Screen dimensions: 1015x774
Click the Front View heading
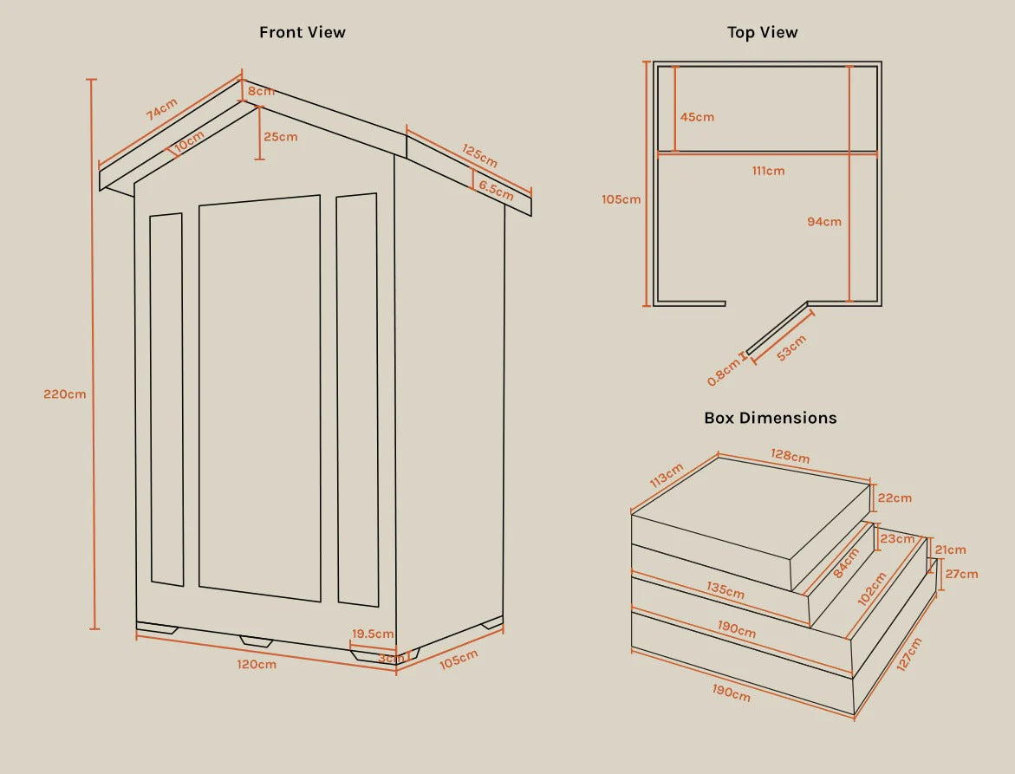coord(303,32)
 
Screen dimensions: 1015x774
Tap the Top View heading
coord(762,32)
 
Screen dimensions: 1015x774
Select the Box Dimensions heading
coord(771,418)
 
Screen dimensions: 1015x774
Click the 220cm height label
coord(65,394)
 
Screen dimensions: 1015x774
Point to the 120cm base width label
coord(257,665)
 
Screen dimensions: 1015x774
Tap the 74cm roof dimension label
coord(161,109)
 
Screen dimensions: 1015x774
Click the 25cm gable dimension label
coord(280,137)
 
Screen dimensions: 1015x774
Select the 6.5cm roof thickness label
coord(496,191)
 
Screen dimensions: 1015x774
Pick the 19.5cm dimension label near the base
coord(372,634)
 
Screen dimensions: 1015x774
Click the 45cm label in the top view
coord(697,117)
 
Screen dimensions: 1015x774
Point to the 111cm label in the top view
coord(768,171)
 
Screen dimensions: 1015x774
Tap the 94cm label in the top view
coord(824,221)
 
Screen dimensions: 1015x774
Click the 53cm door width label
coord(791,348)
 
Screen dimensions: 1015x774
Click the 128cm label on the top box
coord(790,456)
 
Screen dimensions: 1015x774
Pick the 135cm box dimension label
coord(725,590)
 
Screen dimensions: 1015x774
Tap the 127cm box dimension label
coord(909,654)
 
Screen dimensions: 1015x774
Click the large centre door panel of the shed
coord(259,398)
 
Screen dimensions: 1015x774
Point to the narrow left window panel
coord(167,400)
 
